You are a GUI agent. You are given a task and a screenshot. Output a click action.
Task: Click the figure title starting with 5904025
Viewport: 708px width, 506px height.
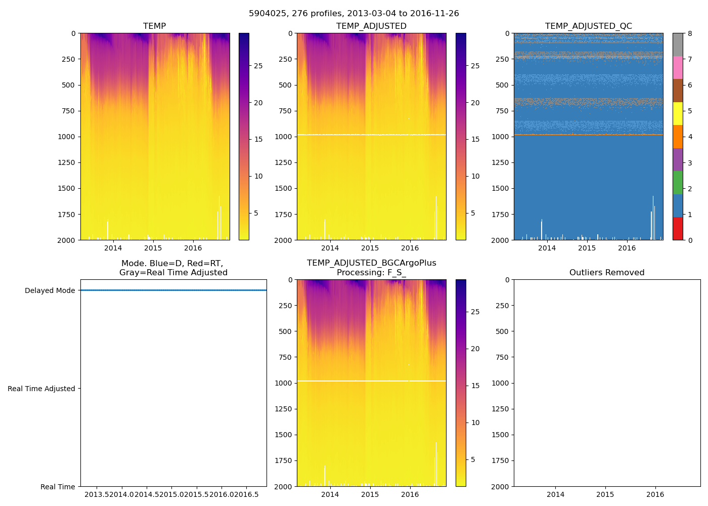click(x=354, y=14)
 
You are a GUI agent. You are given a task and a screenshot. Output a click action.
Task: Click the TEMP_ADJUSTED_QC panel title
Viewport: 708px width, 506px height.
click(x=588, y=26)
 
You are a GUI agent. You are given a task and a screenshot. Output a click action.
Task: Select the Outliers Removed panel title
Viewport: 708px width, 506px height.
click(x=607, y=273)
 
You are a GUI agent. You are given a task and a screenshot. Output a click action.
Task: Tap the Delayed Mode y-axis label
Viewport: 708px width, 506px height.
click(x=50, y=290)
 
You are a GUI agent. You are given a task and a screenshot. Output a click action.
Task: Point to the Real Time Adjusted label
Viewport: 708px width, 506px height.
click(x=41, y=389)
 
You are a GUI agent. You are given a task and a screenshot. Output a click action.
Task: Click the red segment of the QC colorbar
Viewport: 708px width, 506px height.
click(x=678, y=229)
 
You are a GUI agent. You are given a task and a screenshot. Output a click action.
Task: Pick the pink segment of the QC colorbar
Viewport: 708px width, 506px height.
click(x=678, y=68)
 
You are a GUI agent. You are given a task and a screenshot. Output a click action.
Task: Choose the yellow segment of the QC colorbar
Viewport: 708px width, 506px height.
click(x=678, y=114)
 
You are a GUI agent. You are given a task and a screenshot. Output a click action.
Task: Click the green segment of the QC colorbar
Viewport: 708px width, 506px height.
click(x=678, y=183)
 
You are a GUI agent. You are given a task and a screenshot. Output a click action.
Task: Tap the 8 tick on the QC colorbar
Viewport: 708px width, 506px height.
click(x=690, y=33)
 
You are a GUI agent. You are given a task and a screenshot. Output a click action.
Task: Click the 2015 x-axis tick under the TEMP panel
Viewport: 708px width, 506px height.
click(x=153, y=248)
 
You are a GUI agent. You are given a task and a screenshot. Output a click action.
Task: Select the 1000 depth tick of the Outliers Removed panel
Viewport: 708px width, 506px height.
click(x=501, y=383)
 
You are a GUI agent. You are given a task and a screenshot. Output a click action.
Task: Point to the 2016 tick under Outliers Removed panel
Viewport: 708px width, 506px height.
click(x=655, y=494)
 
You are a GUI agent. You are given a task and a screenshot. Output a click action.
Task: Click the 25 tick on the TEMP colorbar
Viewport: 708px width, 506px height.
click(x=258, y=66)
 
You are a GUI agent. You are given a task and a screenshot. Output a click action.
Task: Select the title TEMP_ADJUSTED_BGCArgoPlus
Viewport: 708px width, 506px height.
click(x=371, y=263)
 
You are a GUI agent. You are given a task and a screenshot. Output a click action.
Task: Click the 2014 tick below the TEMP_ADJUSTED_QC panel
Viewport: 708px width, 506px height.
click(x=547, y=248)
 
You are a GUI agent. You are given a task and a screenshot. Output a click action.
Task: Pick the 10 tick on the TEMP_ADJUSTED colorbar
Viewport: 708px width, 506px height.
click(x=475, y=176)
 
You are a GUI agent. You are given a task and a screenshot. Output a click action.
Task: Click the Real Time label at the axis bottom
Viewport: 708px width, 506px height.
click(x=58, y=487)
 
